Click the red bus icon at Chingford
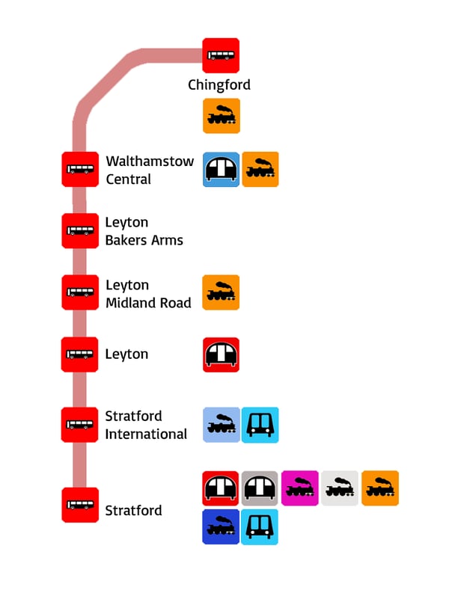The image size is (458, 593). (x=221, y=55)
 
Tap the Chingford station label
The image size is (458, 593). (x=219, y=85)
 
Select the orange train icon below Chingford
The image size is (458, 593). (x=222, y=116)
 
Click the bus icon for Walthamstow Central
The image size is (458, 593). (x=79, y=169)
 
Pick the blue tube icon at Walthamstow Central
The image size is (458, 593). (x=222, y=170)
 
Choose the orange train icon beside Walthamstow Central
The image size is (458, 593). (x=260, y=170)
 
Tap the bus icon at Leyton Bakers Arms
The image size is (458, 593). (x=79, y=230)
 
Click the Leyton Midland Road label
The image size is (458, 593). (x=148, y=294)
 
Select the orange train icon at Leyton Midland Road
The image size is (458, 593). (x=222, y=292)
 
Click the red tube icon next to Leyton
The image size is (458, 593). (x=222, y=354)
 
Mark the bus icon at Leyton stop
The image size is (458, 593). (x=79, y=354)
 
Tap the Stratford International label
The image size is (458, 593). (x=146, y=425)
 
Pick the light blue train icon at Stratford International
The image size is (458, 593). (x=222, y=425)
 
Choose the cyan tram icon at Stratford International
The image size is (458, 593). (x=260, y=425)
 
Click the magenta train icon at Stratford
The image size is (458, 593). (x=300, y=488)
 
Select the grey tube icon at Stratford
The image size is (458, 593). (x=260, y=488)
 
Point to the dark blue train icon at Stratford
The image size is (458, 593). (x=222, y=527)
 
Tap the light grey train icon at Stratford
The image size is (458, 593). (x=340, y=488)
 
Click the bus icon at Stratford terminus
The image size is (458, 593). (x=79, y=505)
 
